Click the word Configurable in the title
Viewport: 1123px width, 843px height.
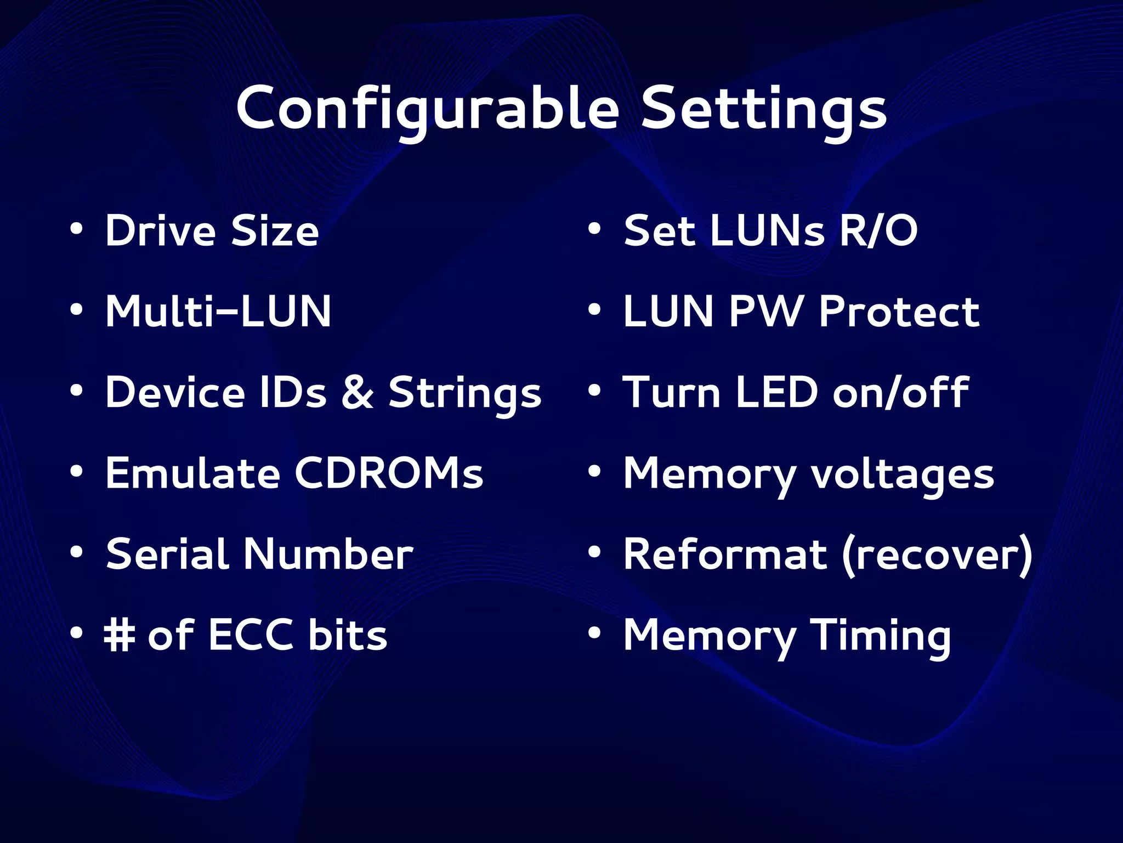(x=428, y=108)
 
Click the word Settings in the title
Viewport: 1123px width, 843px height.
(x=764, y=108)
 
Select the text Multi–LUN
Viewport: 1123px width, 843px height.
(x=218, y=311)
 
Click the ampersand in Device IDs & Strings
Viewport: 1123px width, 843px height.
(x=357, y=393)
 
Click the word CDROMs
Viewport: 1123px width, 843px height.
(x=389, y=473)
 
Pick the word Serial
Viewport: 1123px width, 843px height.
(x=167, y=554)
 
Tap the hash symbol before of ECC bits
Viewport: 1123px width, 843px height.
(x=120, y=635)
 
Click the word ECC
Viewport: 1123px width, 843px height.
(x=251, y=635)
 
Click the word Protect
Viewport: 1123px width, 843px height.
(x=899, y=311)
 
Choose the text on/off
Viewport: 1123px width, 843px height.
(x=900, y=393)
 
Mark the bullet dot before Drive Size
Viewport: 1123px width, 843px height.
(x=77, y=229)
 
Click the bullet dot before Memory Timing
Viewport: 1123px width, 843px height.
(x=594, y=633)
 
